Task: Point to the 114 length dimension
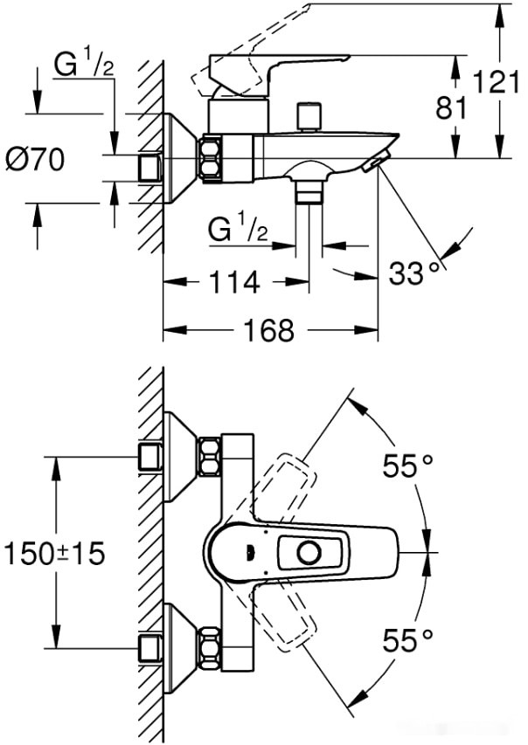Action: click(x=235, y=282)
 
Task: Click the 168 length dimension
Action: click(x=269, y=330)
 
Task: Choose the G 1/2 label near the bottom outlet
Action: click(x=237, y=230)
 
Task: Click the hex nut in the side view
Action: click(x=210, y=158)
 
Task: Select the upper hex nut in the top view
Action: click(x=210, y=456)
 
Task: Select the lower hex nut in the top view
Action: click(x=210, y=648)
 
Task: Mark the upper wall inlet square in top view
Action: click(x=150, y=456)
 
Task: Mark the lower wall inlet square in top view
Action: click(x=150, y=648)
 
